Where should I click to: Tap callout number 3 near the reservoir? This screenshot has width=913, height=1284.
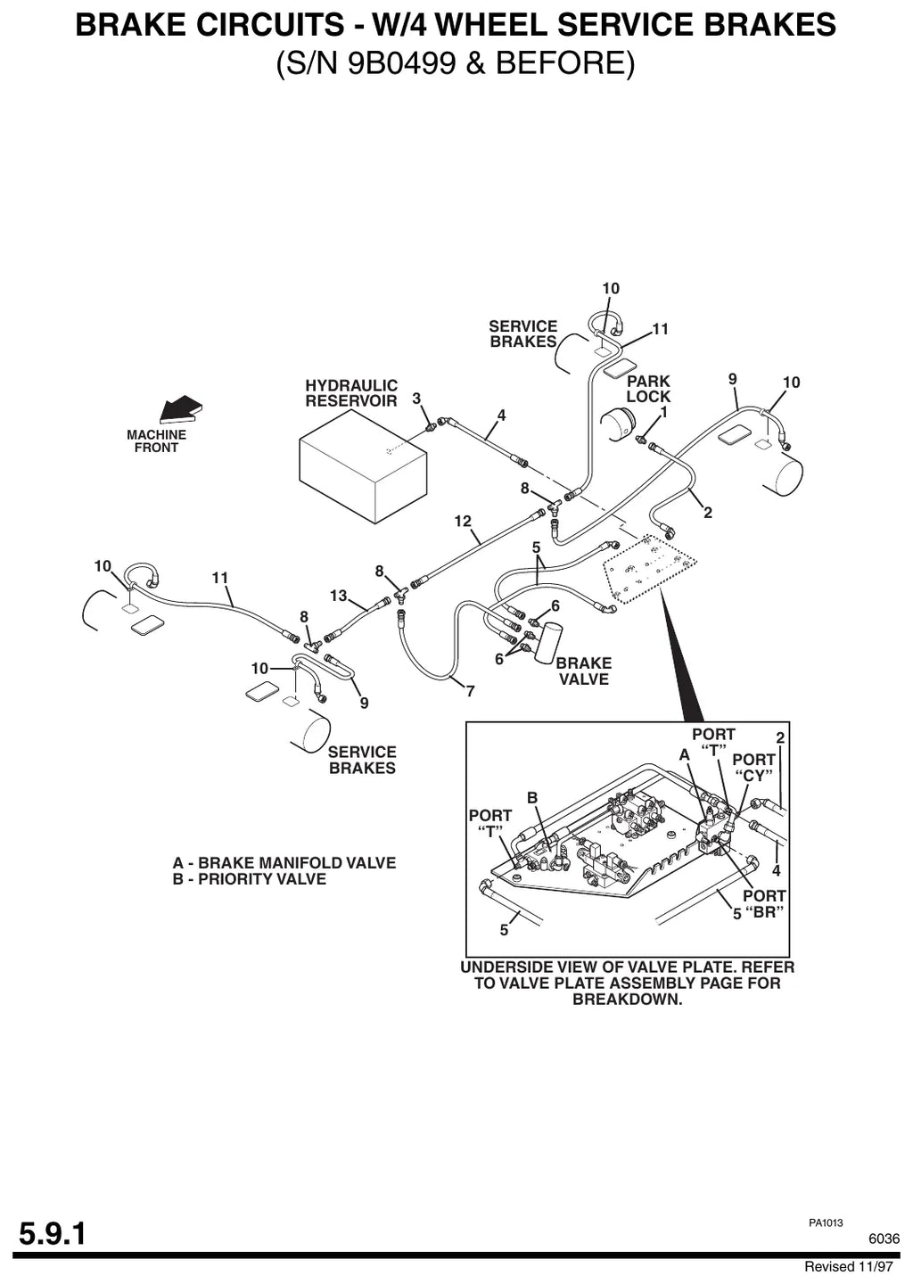(x=416, y=399)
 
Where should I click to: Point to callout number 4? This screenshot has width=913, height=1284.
(x=501, y=416)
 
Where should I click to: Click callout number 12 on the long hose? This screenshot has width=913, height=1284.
(x=463, y=521)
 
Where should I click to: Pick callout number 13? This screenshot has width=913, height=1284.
(x=339, y=596)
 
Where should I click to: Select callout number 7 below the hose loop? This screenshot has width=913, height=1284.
(x=471, y=692)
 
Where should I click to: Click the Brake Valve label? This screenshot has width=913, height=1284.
(x=584, y=671)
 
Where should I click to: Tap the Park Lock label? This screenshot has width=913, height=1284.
(x=648, y=389)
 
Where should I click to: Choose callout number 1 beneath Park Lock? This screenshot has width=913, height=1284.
(x=663, y=412)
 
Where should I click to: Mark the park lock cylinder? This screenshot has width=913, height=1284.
(x=616, y=426)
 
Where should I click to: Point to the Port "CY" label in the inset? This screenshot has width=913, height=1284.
(x=753, y=768)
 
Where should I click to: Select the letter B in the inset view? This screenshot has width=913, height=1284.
(x=532, y=798)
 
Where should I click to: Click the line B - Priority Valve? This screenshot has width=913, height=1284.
(x=250, y=879)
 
